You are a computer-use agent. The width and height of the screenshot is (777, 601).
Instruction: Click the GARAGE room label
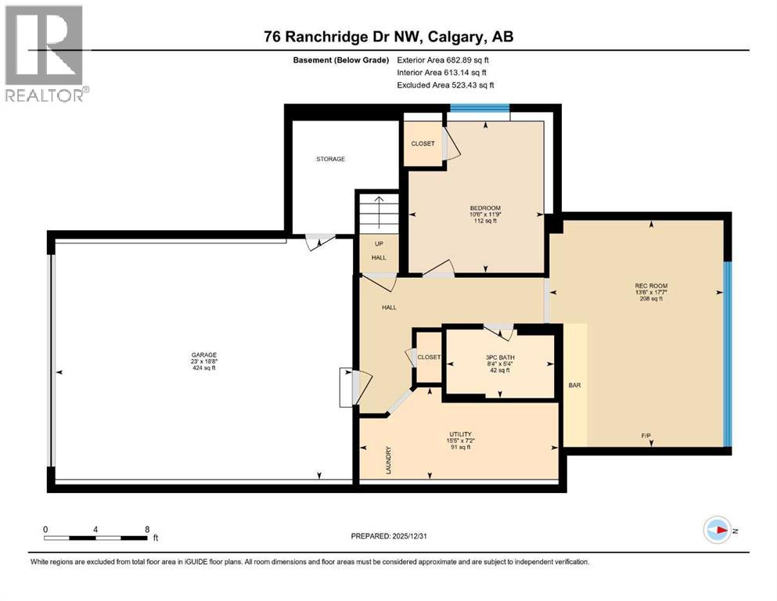(204, 354)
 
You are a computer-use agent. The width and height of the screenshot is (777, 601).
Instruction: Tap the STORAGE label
(330, 159)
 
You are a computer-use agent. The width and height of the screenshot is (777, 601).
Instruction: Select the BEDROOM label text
(485, 208)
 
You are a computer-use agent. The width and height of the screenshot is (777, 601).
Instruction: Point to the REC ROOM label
(651, 286)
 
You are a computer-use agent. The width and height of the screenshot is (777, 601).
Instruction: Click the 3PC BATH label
(500, 357)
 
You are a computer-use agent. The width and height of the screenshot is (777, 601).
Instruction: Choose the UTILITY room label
(460, 434)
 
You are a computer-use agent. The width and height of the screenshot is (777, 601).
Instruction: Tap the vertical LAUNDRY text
(388, 460)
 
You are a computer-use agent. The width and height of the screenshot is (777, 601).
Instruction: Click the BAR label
(575, 385)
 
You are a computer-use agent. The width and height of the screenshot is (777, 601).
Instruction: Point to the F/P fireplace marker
(646, 436)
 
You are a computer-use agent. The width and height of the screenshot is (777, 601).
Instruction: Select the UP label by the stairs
(379, 244)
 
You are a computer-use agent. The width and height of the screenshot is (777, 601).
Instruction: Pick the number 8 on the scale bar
(147, 529)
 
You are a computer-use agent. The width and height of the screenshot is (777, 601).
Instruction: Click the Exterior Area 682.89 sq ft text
(443, 60)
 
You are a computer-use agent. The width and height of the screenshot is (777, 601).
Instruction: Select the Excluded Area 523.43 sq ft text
(445, 85)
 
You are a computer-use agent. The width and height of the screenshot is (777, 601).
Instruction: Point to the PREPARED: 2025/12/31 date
(389, 536)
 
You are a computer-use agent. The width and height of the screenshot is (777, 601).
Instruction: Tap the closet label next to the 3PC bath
(429, 357)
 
